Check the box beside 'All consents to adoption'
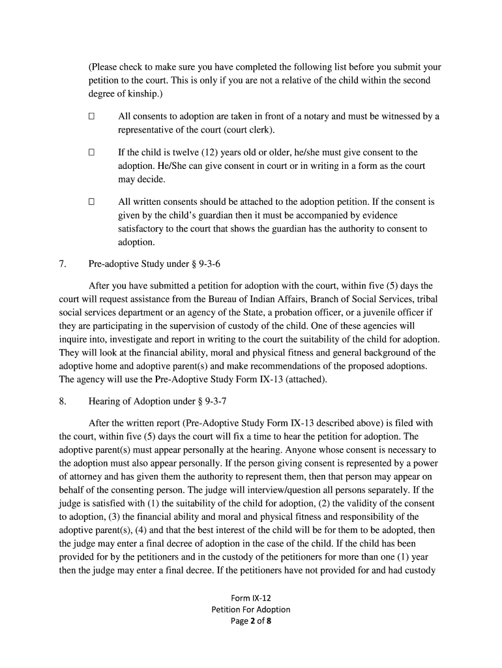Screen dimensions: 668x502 (x=92, y=117)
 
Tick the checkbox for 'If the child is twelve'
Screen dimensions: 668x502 (x=92, y=153)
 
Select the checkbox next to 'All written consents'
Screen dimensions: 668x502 (x=92, y=202)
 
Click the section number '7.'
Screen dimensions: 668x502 (x=63, y=264)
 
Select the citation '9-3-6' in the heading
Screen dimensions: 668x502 (x=197, y=264)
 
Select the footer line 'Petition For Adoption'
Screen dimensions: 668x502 (x=251, y=609)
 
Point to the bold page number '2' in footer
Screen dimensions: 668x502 (x=251, y=621)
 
